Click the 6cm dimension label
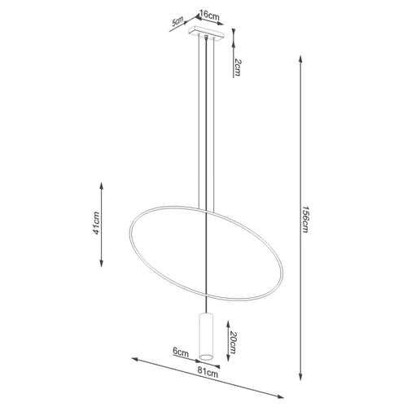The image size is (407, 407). point(181,352)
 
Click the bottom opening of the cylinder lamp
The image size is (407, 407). point(207,357)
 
